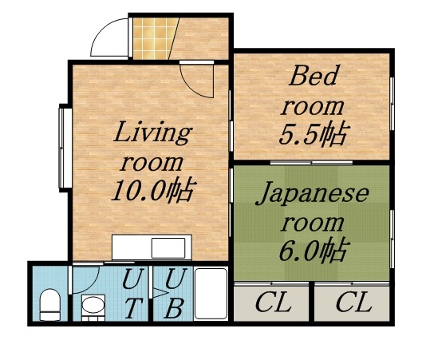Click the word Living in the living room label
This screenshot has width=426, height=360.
coord(152,132)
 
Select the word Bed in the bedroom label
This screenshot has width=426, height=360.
coord(314,77)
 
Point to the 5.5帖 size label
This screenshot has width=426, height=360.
coord(312,134)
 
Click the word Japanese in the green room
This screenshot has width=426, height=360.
coord(313,194)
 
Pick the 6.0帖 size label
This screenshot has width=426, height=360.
coord(313,251)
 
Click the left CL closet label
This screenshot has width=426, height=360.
coord(272,303)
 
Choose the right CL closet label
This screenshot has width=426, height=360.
coord(352,303)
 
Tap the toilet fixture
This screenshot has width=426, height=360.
coord(50,304)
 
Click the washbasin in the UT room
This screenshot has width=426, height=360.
coord(93,307)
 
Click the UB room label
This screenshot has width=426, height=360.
coord(175,293)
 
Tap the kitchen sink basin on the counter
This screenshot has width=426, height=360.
coord(168,247)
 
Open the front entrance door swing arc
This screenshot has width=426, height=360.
coord(108,39)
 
